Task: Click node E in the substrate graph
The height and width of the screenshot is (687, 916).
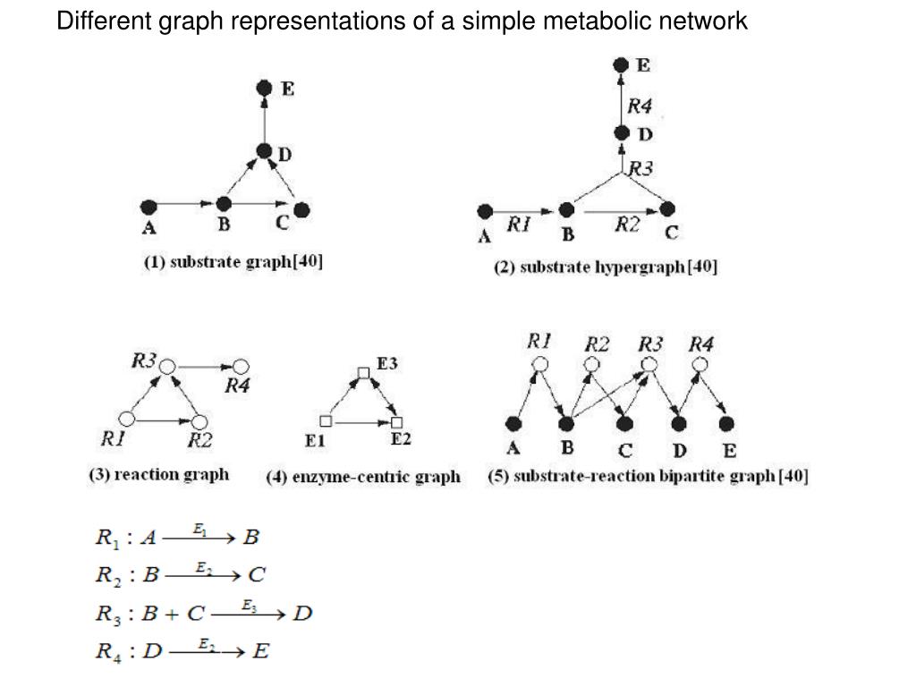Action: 265,89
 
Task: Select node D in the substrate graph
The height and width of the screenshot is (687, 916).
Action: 265,151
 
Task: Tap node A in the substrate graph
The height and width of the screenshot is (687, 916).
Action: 149,207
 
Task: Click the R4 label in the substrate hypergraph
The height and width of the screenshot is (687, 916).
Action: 639,106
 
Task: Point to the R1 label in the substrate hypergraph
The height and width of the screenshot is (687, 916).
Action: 519,224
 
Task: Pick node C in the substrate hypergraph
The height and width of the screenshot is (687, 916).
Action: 667,208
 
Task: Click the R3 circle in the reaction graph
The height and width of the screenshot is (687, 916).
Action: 167,366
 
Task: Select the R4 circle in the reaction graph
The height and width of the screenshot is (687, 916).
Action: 242,366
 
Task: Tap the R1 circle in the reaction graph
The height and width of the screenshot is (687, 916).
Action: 127,419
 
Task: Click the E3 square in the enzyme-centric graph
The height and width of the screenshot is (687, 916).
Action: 363,373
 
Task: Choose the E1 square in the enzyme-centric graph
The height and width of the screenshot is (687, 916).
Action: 326,420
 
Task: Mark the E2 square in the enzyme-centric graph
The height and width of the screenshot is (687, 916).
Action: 397,422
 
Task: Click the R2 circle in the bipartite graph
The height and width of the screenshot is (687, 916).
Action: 592,365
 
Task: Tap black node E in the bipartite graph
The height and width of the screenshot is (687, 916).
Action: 726,423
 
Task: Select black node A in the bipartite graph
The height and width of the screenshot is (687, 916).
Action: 513,423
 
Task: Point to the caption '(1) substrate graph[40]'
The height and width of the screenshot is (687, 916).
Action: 233,262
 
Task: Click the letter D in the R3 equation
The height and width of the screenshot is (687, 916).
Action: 302,614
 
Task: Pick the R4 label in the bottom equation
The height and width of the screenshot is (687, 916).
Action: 108,652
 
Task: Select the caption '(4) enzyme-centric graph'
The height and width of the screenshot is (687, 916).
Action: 363,477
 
